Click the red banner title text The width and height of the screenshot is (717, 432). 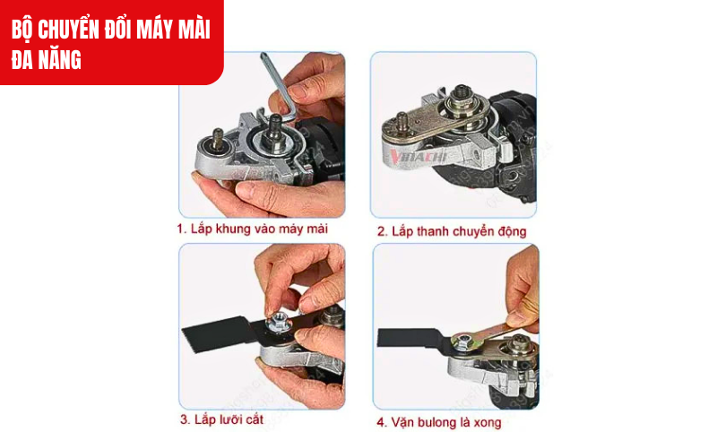tap(110, 42)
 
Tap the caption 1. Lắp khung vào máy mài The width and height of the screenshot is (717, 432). tap(252, 229)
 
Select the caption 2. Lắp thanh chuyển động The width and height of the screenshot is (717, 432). tap(452, 231)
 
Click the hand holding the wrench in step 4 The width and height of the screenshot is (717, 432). tap(524, 287)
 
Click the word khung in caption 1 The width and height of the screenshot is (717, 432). tap(236, 229)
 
